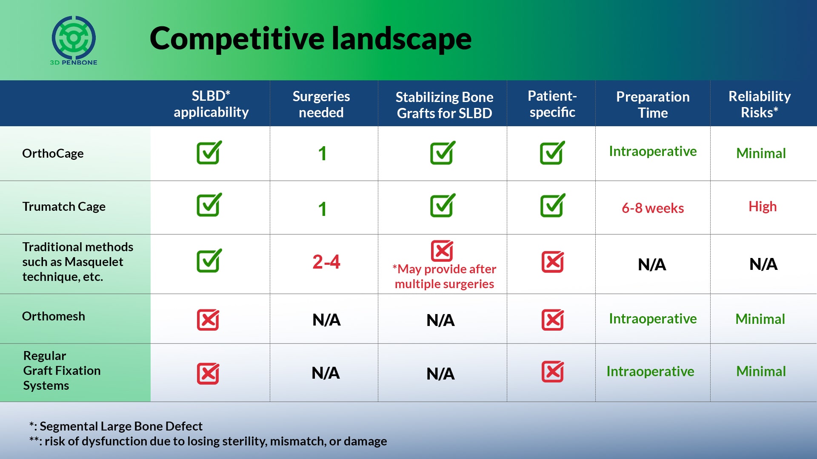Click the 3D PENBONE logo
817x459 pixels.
pos(74,40)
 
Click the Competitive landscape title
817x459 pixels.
pos(311,39)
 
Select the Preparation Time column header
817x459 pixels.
pos(653,105)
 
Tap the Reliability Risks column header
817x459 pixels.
pos(760,104)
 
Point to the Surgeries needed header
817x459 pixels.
pos(321,104)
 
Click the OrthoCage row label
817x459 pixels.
pos(53,153)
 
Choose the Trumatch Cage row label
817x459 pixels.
pos(64,207)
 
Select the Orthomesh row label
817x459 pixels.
pos(54,316)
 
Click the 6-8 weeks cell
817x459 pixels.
pos(653,208)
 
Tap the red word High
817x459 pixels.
pos(763,207)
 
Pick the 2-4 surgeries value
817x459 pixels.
pos(326,262)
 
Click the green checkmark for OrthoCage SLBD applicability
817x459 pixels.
pos(209,152)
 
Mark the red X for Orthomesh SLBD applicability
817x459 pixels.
pos(208,320)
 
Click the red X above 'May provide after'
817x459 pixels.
pos(442,251)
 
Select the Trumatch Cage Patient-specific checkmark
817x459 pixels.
pos(553,205)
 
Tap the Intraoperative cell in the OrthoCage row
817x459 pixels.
pos(653,152)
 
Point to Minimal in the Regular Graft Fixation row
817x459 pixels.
pos(761,371)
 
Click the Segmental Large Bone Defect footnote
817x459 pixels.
pos(116,426)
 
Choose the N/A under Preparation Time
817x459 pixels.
pos(652,265)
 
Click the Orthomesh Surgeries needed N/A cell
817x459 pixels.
pos(326,320)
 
